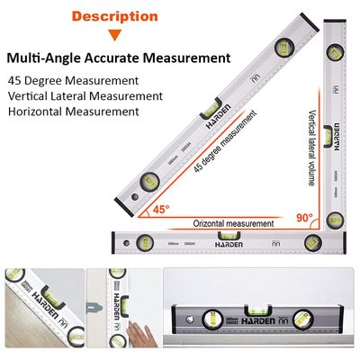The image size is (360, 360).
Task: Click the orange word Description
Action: [114, 16]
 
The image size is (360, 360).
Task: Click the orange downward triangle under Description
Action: [114, 36]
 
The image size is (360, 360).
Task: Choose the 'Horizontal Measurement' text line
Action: [73, 112]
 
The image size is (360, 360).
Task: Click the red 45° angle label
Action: [159, 210]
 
